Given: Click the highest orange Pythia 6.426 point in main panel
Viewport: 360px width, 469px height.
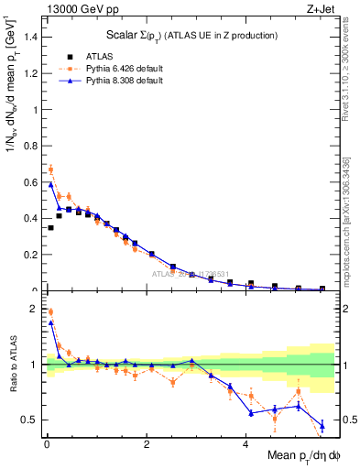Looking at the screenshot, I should click(x=50, y=169).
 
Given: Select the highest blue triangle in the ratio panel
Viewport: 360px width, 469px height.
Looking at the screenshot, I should click(x=50, y=322).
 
